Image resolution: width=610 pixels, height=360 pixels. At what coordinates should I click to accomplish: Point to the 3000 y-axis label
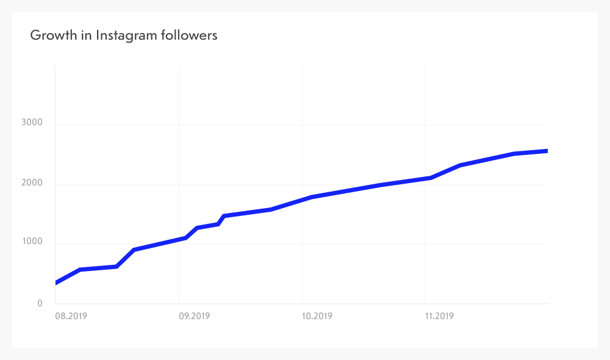coord(31,123)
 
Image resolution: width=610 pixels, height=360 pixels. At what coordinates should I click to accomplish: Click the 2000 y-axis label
coord(31,182)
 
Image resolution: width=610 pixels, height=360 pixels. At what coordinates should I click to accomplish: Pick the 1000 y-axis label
coord(31,242)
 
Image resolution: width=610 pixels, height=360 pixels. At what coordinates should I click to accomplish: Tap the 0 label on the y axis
coord(40,303)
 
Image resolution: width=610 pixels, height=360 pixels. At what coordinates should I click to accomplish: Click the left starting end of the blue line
coord(56,283)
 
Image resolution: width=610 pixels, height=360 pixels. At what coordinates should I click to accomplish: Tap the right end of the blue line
coord(547,151)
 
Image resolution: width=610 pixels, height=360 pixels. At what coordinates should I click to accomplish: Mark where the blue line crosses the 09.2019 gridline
coord(179,239)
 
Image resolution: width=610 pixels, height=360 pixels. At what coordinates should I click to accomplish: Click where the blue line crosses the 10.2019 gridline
coord(302,200)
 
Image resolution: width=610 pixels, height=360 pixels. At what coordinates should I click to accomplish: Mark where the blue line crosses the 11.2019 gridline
coord(425,178)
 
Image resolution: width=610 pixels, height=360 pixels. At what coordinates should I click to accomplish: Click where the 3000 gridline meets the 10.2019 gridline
coord(302,125)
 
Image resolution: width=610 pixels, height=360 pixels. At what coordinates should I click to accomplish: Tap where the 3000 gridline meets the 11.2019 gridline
coord(425,125)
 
